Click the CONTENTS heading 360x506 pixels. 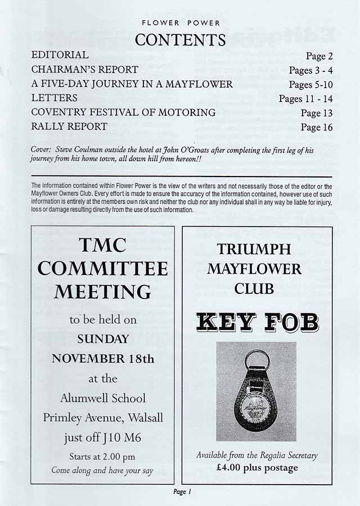pyautogui.click(x=180, y=40)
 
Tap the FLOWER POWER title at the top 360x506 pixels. pyautogui.click(x=180, y=24)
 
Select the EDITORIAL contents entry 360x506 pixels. pyautogui.click(x=60, y=55)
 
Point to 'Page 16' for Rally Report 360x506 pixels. pyautogui.click(x=317, y=128)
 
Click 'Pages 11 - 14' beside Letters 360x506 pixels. pyautogui.click(x=306, y=99)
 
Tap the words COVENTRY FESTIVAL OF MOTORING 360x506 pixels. pyautogui.click(x=123, y=112)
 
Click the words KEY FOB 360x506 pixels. pyautogui.click(x=258, y=323)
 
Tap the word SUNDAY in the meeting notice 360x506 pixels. pyautogui.click(x=103, y=340)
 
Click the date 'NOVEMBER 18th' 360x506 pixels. pyautogui.click(x=103, y=359)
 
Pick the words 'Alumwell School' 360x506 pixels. pyautogui.click(x=103, y=398)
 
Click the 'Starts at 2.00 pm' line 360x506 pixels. pyautogui.click(x=102, y=457)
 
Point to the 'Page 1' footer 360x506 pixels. pyautogui.click(x=183, y=491)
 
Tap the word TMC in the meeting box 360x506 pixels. pyautogui.click(x=103, y=245)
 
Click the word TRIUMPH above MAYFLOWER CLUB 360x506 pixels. pyautogui.click(x=254, y=249)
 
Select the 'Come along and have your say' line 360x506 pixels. pyautogui.click(x=102, y=471)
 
